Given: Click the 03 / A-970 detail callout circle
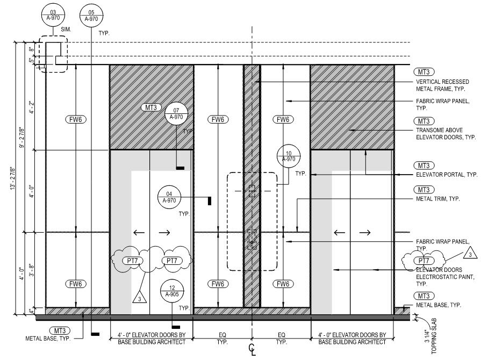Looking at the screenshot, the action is (x=53, y=16).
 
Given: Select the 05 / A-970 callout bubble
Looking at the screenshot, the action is (x=91, y=16).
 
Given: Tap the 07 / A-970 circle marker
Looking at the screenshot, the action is (x=176, y=113).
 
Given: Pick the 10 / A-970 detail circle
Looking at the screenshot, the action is (x=289, y=156).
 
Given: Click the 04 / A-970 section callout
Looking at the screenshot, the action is (x=169, y=197).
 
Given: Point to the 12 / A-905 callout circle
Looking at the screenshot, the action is (x=172, y=291).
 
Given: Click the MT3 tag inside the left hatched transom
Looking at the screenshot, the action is (x=151, y=107).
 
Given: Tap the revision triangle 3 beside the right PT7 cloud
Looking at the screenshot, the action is (x=470, y=254).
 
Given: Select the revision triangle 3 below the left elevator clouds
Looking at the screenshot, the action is (x=140, y=298).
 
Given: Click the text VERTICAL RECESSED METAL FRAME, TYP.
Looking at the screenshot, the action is (x=442, y=85).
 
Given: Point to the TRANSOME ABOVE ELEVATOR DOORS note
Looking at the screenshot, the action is (x=446, y=133).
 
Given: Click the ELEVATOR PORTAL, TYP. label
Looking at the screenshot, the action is (x=447, y=175).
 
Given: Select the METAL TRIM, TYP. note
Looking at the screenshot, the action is (x=438, y=199).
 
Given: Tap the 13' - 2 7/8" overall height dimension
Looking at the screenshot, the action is (x=12, y=178).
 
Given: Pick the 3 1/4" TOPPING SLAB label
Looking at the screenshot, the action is (x=430, y=336).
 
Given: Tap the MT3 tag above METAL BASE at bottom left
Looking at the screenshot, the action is (x=60, y=330).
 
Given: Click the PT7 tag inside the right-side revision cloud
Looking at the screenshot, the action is (x=423, y=261).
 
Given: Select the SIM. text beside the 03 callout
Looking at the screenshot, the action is (x=66, y=30).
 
